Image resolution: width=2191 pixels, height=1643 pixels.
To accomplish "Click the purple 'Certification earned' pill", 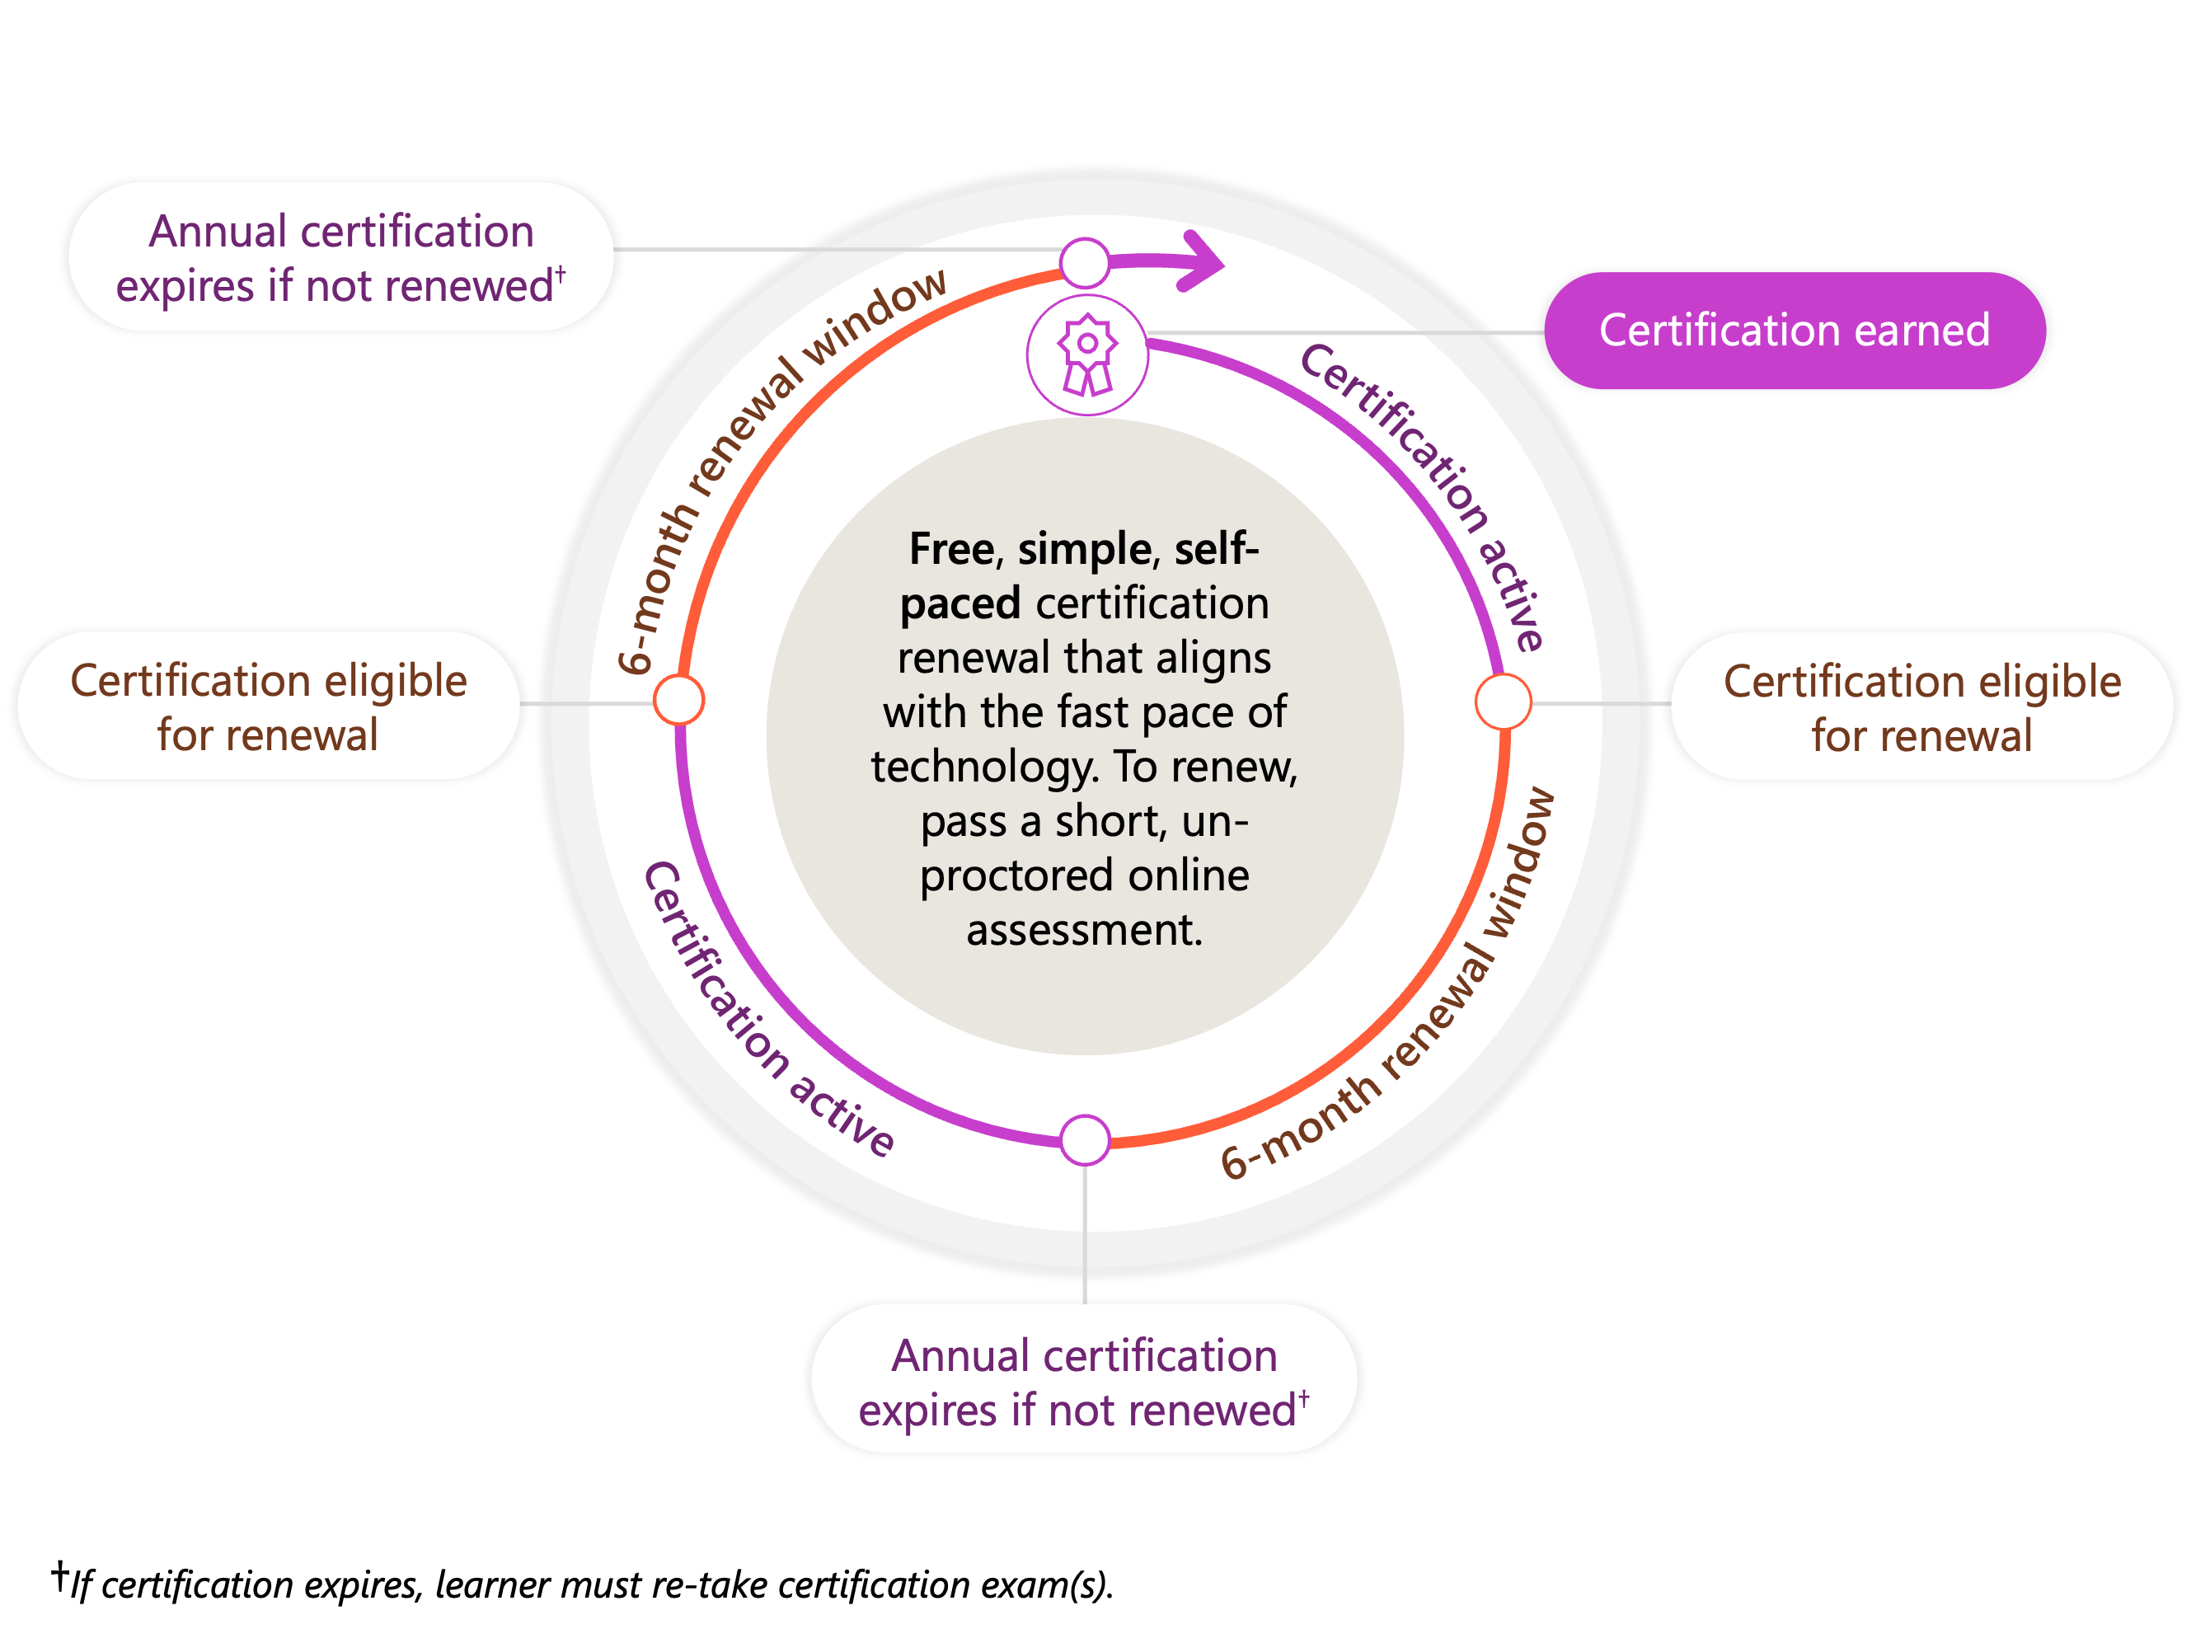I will tap(1793, 331).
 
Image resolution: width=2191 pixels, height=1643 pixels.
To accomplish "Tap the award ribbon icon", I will tap(1086, 354).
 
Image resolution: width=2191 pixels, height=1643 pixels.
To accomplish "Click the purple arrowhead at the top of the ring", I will tap(1203, 261).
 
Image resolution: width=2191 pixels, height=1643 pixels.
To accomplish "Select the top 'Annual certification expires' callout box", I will tap(340, 257).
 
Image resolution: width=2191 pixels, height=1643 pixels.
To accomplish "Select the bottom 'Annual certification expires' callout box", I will tap(1084, 1382).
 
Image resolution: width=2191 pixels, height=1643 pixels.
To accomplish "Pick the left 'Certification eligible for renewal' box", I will tap(267, 707).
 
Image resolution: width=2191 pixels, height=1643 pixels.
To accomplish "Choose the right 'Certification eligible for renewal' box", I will tap(1921, 707).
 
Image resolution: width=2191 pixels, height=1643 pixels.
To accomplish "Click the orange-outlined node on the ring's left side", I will tap(679, 699).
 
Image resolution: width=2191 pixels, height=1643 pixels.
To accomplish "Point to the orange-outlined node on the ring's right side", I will tap(1503, 702).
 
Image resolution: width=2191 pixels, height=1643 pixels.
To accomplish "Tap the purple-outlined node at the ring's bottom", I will tap(1085, 1140).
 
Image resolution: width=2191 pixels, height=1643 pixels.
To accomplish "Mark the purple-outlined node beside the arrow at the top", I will tap(1085, 262).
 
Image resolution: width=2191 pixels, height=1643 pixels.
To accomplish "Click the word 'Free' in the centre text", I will tap(952, 550).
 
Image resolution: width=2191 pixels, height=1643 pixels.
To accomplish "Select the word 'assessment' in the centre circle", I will tap(1084, 931).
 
